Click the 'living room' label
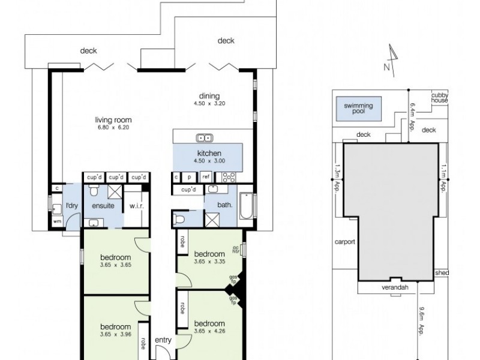[109, 119]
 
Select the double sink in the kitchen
[204, 137]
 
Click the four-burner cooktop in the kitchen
[229, 176]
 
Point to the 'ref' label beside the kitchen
[205, 177]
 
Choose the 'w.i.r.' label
[136, 206]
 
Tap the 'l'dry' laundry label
[72, 206]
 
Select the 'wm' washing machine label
[58, 221]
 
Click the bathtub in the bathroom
[247, 207]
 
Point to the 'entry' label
[163, 340]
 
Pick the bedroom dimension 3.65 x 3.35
[211, 260]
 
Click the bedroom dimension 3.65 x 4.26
[211, 329]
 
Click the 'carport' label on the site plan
[346, 242]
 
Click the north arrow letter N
[387, 67]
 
